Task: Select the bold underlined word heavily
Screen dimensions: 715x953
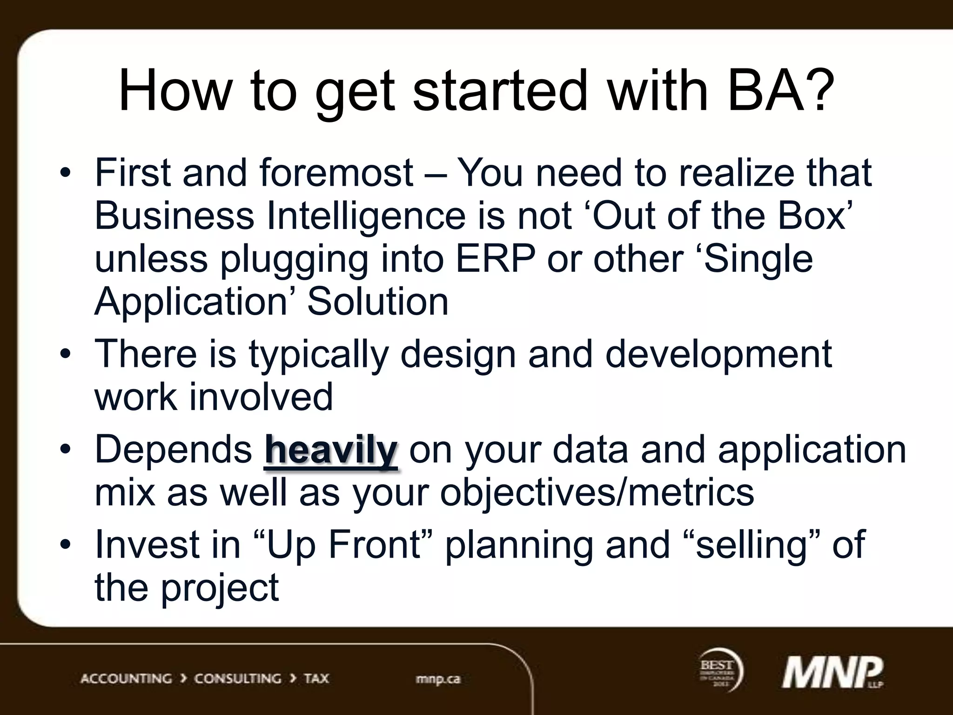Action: pos(331,450)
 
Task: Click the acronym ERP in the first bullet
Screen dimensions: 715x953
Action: pos(495,259)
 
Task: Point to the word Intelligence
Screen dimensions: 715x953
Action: pos(366,216)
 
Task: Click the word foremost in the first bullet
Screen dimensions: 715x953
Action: pos(336,173)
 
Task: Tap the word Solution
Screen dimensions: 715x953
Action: pos(378,302)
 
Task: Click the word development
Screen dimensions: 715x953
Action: pos(718,354)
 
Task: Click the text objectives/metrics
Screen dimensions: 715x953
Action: pos(597,492)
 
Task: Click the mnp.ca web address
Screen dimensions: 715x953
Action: pos(438,679)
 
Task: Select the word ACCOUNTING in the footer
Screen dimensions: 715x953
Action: pos(126,679)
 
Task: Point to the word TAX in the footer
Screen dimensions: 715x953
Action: pos(316,679)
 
